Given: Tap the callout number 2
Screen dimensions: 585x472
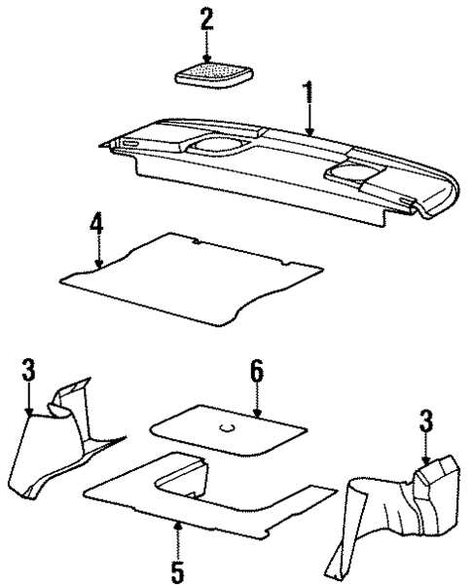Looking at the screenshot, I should (205, 18).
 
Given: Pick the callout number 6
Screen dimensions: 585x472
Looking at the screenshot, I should (256, 372).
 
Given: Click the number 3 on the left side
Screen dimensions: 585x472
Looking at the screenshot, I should (28, 372).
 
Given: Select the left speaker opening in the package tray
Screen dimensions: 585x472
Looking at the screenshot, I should (216, 146).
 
